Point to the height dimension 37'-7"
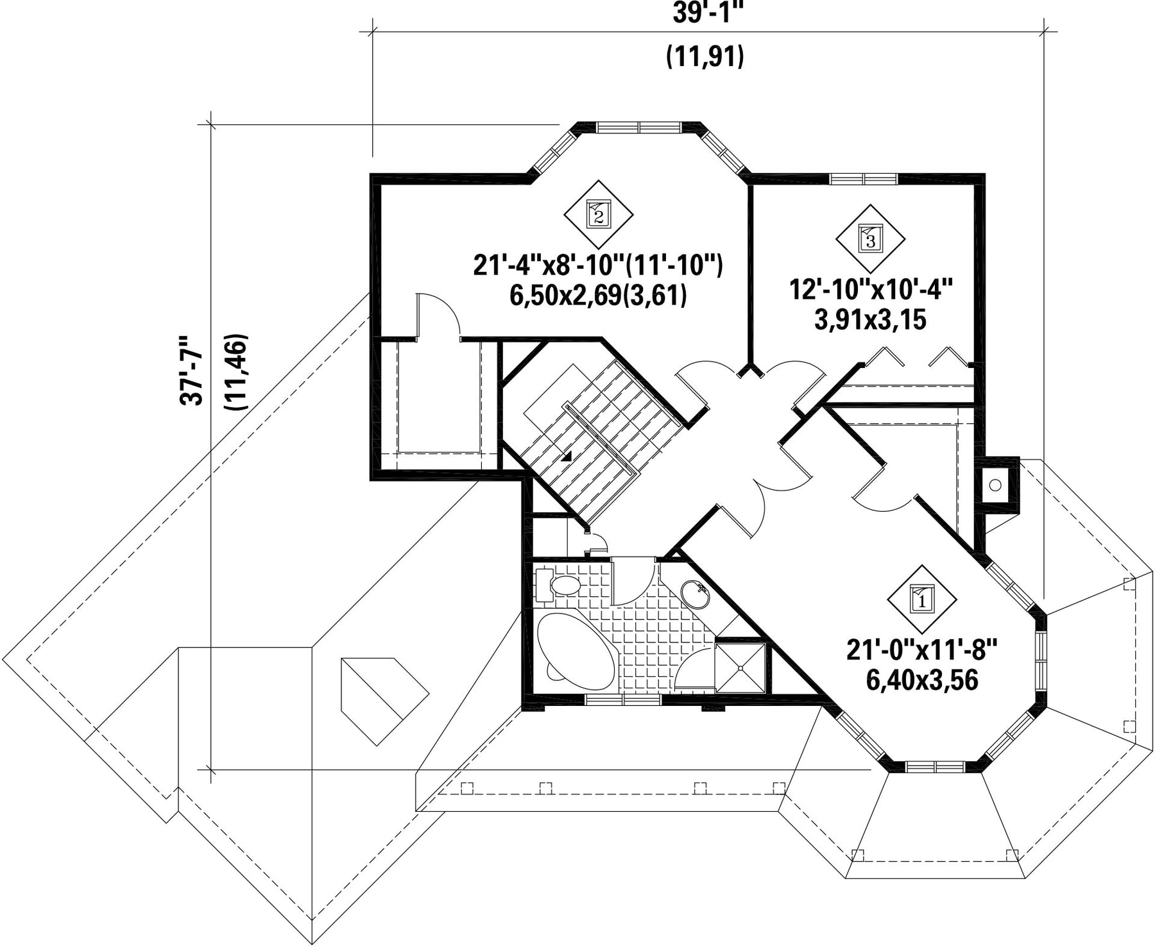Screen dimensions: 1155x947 coord(191,370)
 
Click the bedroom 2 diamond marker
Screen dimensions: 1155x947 coord(599,215)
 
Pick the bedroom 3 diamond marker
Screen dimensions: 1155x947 coord(870,239)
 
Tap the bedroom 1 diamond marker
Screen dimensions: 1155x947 coord(922,599)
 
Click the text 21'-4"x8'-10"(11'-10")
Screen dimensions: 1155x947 coord(599,265)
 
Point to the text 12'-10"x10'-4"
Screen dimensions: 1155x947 coord(870,290)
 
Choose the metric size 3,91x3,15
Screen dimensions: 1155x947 coord(870,319)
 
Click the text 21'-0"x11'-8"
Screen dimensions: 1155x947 coord(922,650)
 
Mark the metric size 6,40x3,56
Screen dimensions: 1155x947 coord(922,680)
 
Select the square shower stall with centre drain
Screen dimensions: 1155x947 coord(740,667)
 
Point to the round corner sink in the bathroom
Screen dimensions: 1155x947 coord(695,594)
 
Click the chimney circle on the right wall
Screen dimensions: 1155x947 coord(995,485)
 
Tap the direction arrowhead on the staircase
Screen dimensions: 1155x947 coord(567,457)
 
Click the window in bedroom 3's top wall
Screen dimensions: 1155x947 coord(857,178)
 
